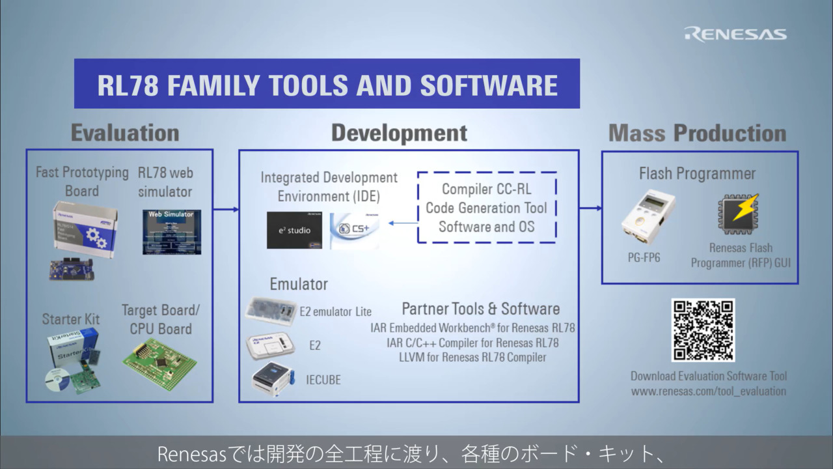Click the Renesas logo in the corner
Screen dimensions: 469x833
735,34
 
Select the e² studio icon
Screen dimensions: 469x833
294,230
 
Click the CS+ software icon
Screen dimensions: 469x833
355,231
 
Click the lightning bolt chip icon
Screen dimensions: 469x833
739,214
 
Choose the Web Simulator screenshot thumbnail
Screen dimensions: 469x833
172,231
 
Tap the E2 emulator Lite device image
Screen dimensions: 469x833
270,310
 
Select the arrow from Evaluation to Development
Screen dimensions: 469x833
226,209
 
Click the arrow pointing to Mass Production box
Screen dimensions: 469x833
590,208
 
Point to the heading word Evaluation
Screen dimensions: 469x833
125,133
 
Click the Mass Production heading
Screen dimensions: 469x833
697,133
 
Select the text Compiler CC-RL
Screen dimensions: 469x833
486,189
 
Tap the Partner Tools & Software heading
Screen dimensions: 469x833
480,309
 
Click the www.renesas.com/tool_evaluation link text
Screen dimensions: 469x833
708,391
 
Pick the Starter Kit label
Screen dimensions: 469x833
71,319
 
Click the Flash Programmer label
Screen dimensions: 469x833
697,174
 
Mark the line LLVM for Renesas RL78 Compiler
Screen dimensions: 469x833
472,357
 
